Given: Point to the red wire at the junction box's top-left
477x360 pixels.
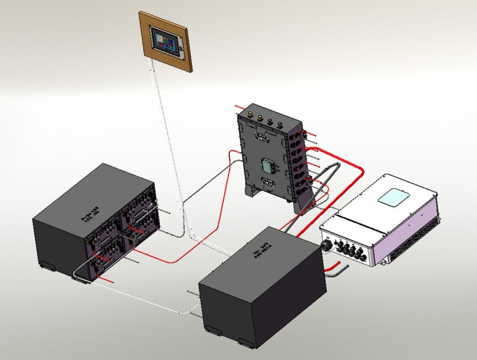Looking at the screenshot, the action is [238, 108].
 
